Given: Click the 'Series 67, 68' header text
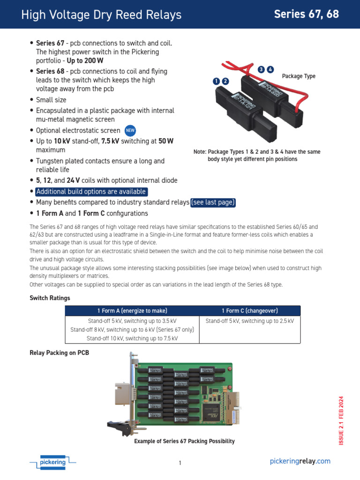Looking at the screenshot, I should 306,14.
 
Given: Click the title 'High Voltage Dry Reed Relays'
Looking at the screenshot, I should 101,15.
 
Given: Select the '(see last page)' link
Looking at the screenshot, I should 213,202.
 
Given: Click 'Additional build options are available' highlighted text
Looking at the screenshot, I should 91,192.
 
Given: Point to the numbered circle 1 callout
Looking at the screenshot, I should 216,81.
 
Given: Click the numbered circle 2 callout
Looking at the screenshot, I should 225,81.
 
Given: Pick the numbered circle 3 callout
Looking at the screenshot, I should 261,70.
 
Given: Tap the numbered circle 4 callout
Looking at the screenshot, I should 270,70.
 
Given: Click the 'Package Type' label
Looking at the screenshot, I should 299,76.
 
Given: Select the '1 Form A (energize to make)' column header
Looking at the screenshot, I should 132,311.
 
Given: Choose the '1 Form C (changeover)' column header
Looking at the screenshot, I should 250,311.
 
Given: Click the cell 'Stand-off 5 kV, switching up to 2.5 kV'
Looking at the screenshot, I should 250,321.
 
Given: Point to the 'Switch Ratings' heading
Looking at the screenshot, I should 50,298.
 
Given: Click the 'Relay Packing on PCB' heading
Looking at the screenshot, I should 59,352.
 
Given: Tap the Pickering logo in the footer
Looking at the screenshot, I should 52,462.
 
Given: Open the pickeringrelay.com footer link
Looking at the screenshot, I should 300,461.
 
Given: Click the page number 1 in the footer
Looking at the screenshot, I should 180,463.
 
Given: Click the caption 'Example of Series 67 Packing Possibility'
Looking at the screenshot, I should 184,441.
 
